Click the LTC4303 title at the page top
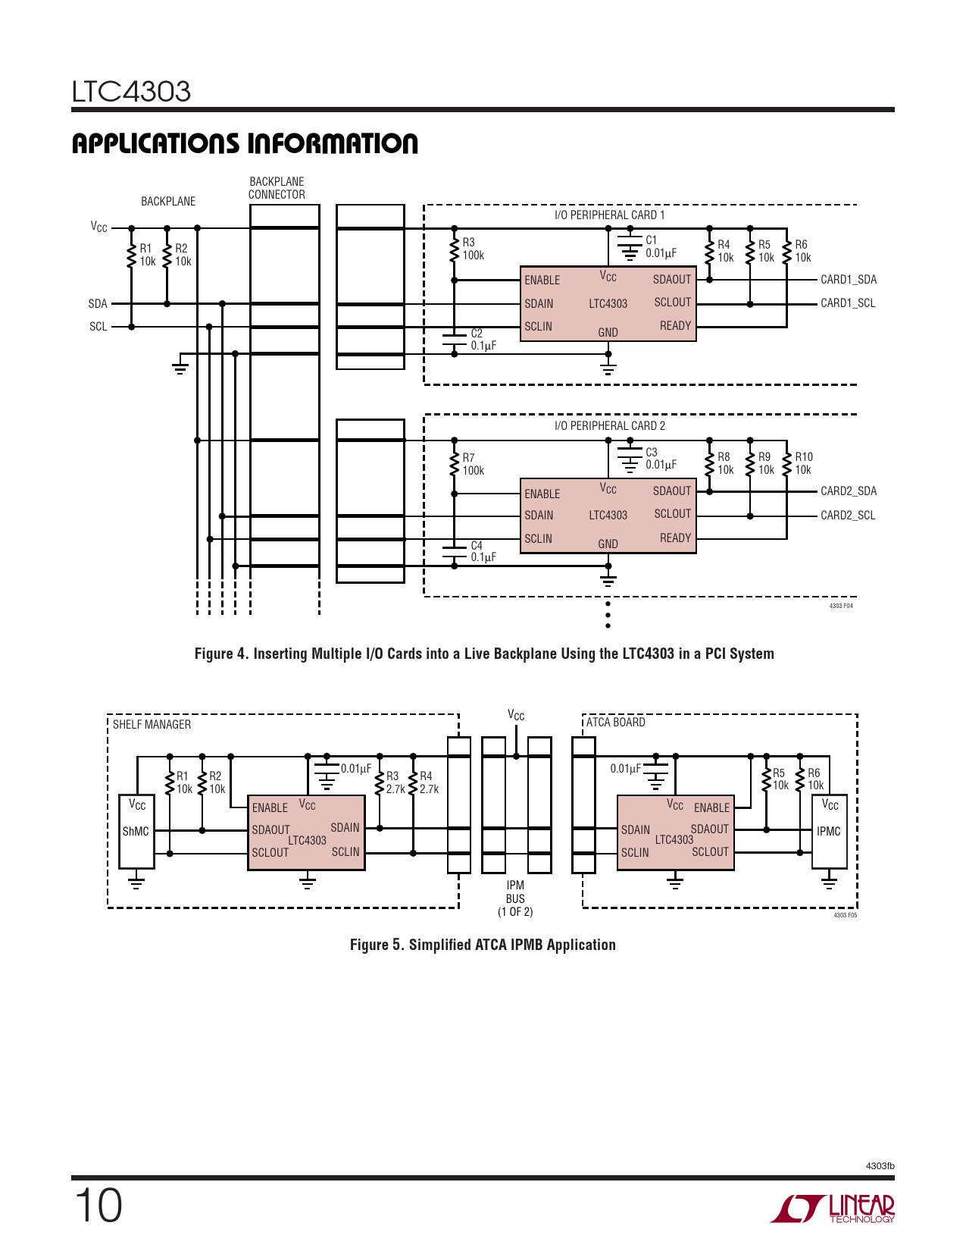coord(130,92)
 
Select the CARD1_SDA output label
coord(848,280)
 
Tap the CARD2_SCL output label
coord(848,516)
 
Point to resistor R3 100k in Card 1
coord(455,249)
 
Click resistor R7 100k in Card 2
coord(455,464)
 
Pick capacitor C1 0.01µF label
coord(661,246)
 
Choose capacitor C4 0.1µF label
coord(483,551)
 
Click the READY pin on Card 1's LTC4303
coord(675,326)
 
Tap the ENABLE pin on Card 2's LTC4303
coord(542,494)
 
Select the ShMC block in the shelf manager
coord(136,831)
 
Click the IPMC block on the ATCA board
coord(829,831)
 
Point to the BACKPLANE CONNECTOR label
coord(277,188)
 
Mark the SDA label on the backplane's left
coord(98,303)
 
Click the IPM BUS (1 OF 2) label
coord(515,898)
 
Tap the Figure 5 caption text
coord(483,945)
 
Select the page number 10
coord(98,1206)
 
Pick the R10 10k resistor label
coord(804,463)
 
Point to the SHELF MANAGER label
coord(152,724)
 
